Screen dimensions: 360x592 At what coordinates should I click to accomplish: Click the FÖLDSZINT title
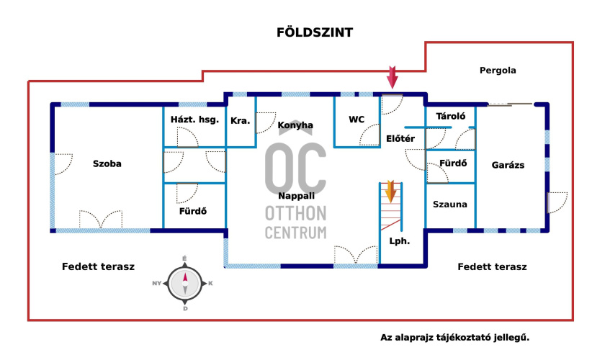(315, 33)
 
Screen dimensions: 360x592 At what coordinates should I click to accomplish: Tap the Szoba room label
(107, 163)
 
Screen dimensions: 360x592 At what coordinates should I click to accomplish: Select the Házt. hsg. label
(194, 120)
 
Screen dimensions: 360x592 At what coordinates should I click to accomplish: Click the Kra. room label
(241, 120)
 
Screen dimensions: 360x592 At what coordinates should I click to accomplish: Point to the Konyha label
(295, 125)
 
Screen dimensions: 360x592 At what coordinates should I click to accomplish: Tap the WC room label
(356, 120)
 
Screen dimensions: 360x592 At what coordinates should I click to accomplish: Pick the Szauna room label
(450, 204)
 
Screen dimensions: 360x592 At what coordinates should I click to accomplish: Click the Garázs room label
(508, 165)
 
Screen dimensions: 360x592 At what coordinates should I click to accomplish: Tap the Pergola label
(498, 71)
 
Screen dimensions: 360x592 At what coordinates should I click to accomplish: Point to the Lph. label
(399, 241)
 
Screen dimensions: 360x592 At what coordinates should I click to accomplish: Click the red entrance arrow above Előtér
(392, 76)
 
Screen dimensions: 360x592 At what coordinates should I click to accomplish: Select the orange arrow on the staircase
(390, 192)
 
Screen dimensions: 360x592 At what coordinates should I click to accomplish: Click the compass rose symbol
(185, 283)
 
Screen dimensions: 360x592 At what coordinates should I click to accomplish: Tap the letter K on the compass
(210, 284)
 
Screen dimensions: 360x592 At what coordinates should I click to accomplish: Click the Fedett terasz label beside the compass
(99, 266)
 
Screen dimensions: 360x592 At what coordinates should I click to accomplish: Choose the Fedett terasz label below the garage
(493, 266)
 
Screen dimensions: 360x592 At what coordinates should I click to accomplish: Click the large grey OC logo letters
(295, 165)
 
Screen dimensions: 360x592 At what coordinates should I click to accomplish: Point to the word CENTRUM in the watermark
(295, 233)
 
